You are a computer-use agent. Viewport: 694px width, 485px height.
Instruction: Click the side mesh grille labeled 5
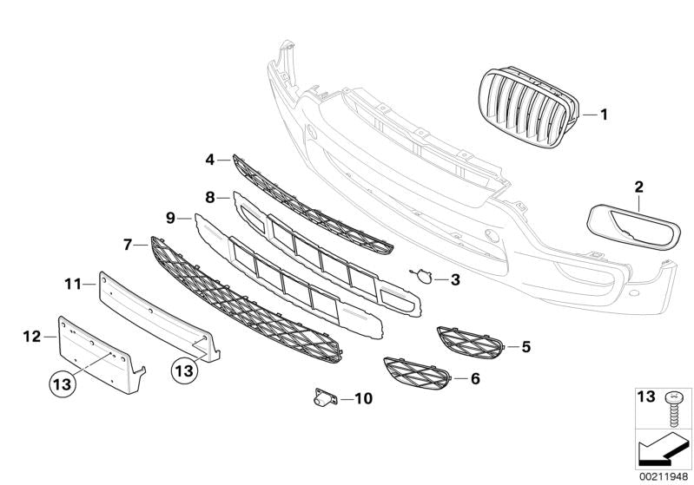pos(470,343)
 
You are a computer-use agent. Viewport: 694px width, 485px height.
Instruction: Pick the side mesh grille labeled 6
pos(417,374)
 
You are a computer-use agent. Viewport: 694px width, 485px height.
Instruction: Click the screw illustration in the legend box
pos(674,410)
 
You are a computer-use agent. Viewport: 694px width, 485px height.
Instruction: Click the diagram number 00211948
pos(664,476)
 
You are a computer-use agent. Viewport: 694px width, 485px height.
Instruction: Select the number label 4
pos(210,160)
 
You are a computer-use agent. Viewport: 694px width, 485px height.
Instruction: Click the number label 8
pos(210,198)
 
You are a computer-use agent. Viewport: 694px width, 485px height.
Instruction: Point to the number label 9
pos(171,218)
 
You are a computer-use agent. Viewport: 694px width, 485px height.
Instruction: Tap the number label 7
pos(128,245)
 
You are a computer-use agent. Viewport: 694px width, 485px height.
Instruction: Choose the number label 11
pos(73,285)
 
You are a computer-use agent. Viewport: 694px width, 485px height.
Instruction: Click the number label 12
pos(32,337)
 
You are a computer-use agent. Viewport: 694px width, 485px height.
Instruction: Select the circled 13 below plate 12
pos(63,383)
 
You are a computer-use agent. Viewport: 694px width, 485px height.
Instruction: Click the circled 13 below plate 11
pos(184,370)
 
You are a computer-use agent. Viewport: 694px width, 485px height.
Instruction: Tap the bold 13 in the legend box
pos(645,397)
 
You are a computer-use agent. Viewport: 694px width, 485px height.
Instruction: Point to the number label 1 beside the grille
pos(604,115)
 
